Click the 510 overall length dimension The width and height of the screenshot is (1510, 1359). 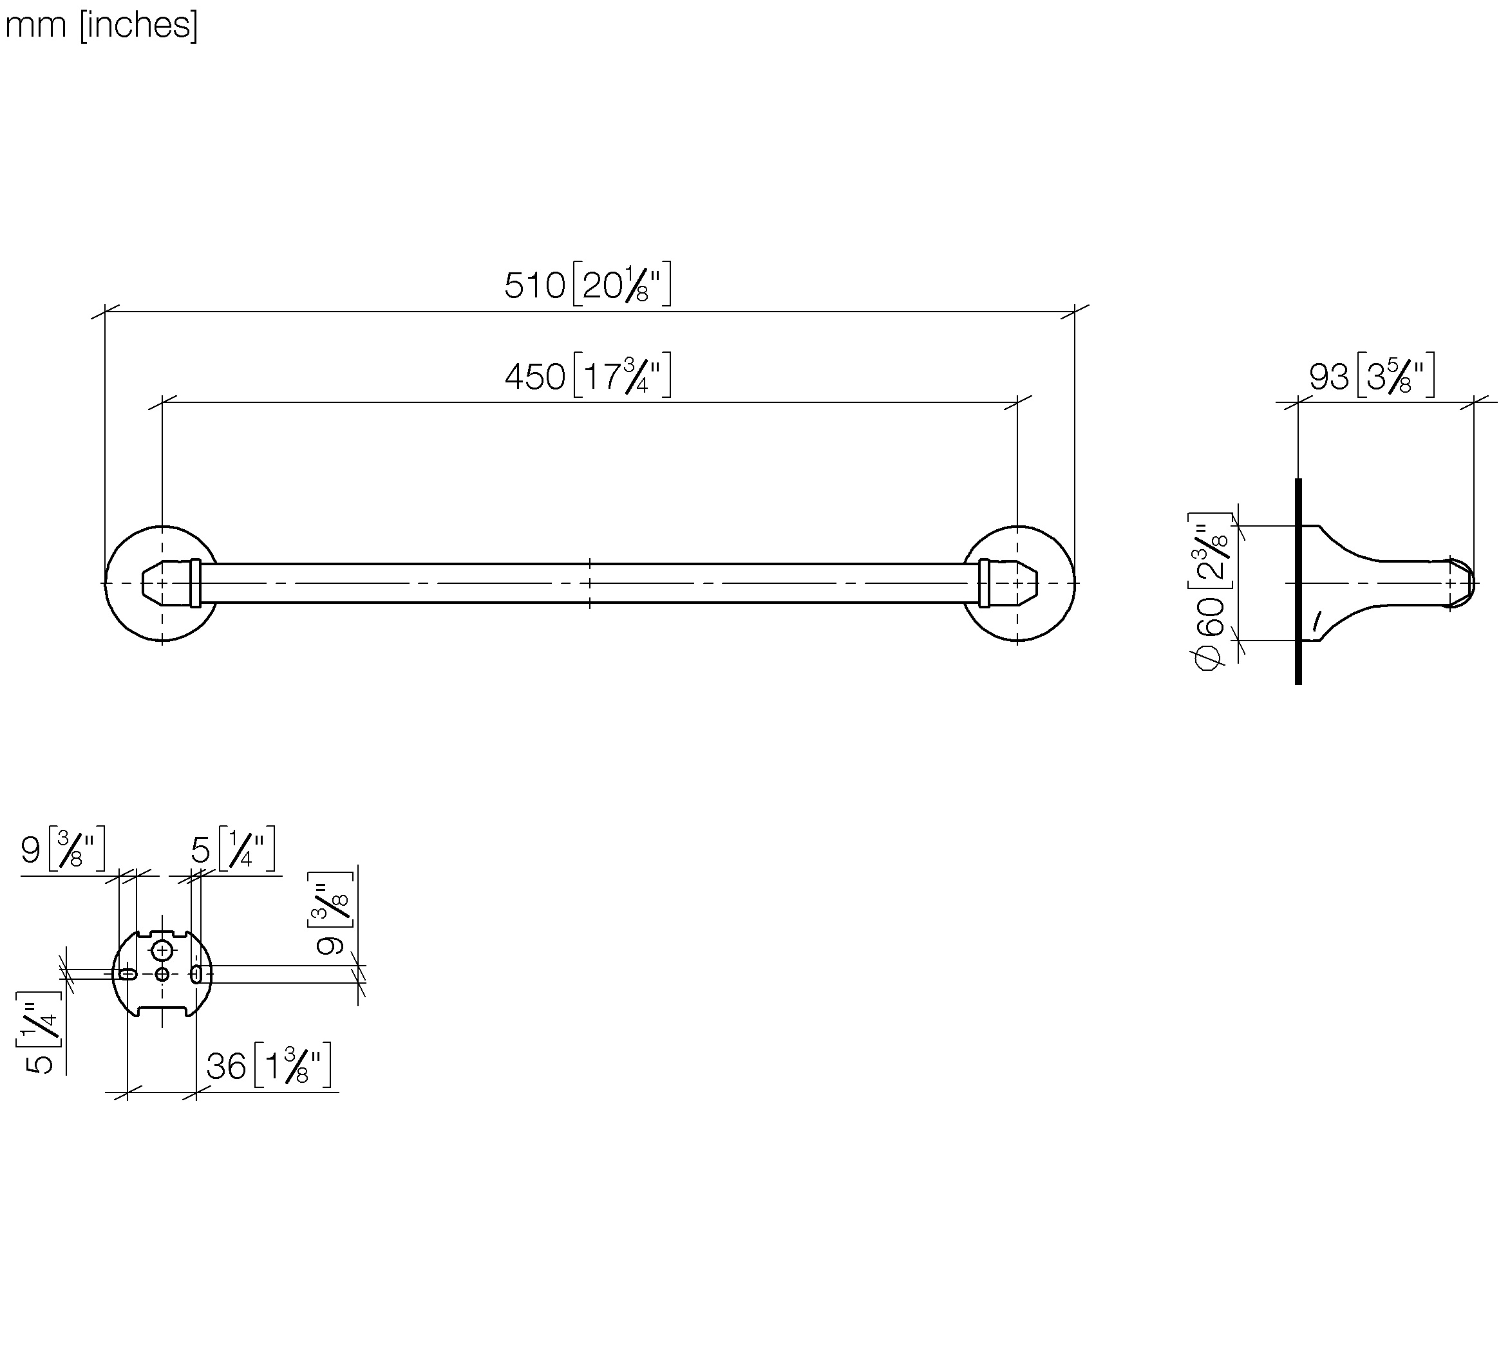coord(534,285)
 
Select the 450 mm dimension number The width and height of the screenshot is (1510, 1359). coord(534,377)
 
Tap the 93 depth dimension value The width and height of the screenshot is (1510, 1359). coord(1328,377)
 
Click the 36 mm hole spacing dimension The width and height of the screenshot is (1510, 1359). coord(226,1066)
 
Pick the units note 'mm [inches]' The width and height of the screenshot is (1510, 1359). coord(102,24)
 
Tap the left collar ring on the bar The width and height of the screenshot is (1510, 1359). coord(196,583)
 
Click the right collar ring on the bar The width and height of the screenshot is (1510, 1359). coord(985,583)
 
